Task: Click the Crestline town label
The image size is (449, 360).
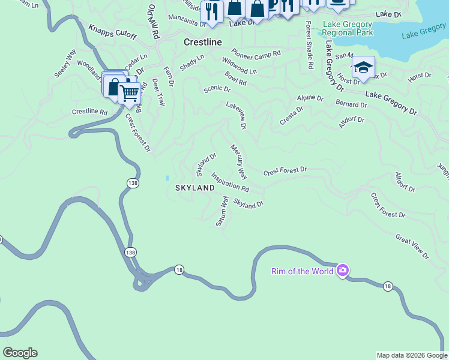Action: [202, 43]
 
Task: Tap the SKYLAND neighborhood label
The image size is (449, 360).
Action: [194, 188]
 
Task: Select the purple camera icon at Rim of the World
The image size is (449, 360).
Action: [343, 271]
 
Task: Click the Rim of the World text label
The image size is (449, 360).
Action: [302, 271]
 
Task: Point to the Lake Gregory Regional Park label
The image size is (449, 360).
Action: [347, 28]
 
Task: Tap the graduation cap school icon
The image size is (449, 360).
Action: [363, 67]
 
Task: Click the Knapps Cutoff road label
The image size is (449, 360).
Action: [112, 32]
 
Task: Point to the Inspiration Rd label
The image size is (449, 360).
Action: [229, 182]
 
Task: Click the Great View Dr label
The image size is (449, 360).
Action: [412, 247]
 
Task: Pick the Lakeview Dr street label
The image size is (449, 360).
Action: [236, 115]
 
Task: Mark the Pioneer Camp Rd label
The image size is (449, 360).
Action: [256, 53]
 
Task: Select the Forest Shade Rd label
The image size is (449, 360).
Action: [309, 46]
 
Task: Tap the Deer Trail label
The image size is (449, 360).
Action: [158, 92]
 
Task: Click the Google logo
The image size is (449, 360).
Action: [20, 353]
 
